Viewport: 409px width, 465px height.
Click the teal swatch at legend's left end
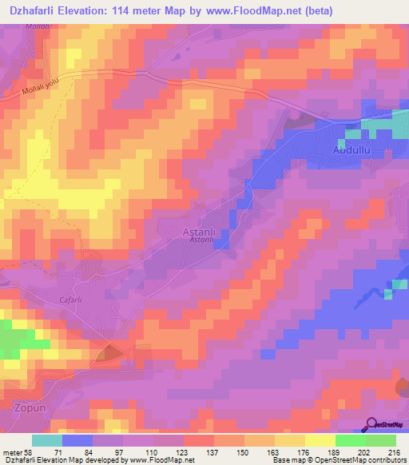47,439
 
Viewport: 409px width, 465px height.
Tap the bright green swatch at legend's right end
381,439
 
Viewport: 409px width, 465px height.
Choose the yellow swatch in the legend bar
320,439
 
